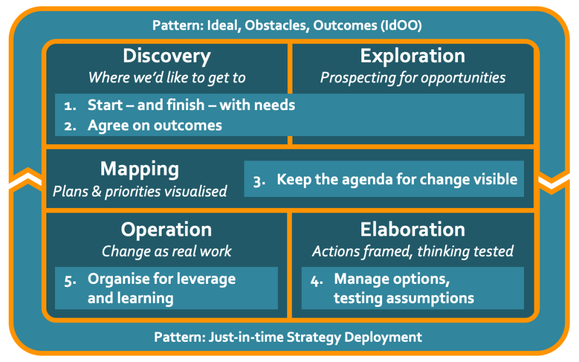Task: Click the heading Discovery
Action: (x=167, y=57)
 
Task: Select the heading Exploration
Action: (x=412, y=57)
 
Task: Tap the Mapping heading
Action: (x=140, y=170)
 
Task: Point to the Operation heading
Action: (x=166, y=230)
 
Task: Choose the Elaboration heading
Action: (x=412, y=229)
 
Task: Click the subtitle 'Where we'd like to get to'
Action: (x=167, y=78)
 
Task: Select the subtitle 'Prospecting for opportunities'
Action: (x=412, y=78)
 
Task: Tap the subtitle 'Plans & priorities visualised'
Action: (x=140, y=191)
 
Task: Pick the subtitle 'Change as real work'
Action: (x=167, y=251)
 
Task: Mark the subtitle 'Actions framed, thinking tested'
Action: (x=412, y=251)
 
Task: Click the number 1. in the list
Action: (x=70, y=105)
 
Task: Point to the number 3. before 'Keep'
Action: (x=259, y=181)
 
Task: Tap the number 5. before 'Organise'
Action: (x=70, y=281)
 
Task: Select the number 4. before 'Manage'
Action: (x=317, y=281)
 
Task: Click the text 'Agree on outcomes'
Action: (x=155, y=126)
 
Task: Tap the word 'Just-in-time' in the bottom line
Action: (x=246, y=337)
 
